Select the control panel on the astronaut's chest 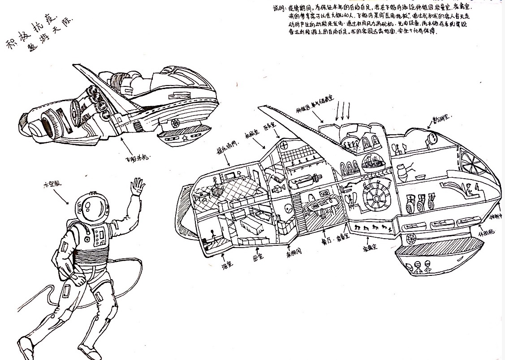99,235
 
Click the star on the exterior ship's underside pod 184,138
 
